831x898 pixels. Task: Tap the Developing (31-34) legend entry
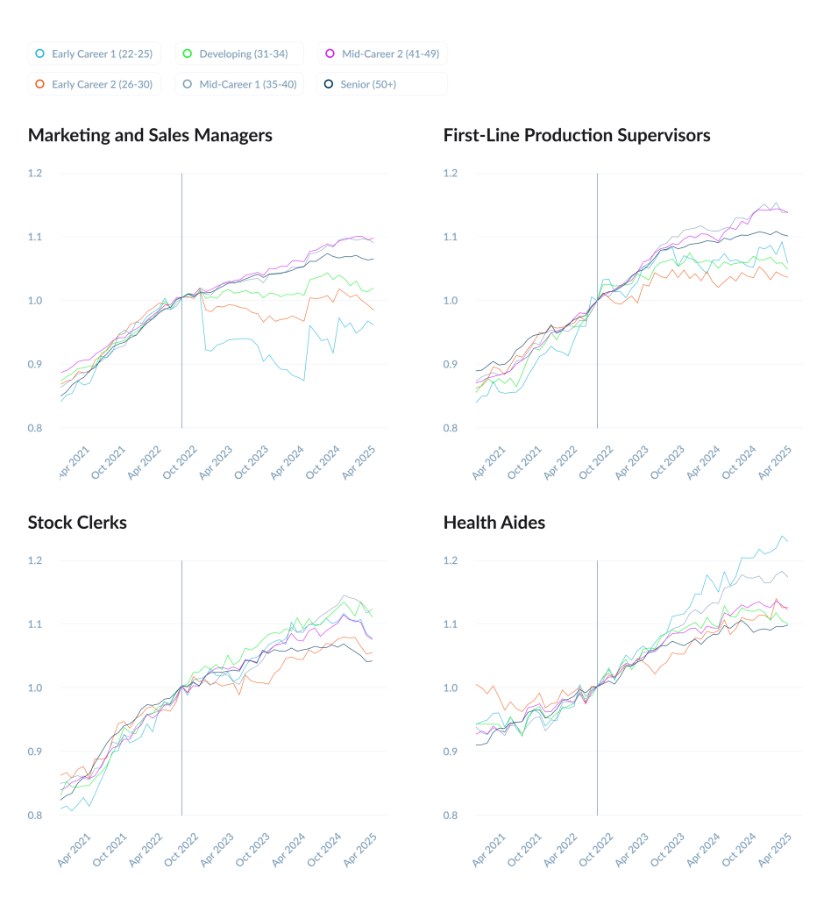click(238, 54)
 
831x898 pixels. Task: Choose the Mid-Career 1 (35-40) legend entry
click(238, 84)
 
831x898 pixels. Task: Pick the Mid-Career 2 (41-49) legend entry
click(383, 54)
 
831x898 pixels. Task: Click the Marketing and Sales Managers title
click(150, 135)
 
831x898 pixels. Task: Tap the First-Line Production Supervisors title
click(577, 135)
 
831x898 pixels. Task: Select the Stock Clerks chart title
click(77, 523)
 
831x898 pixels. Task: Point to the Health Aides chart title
click(494, 523)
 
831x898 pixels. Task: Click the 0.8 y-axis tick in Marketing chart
click(35, 428)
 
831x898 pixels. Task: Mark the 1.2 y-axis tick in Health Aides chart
click(451, 560)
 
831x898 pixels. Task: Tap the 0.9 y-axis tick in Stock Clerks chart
click(35, 752)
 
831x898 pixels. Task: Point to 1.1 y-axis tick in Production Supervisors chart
click(451, 237)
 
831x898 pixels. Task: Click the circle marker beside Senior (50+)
click(329, 84)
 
